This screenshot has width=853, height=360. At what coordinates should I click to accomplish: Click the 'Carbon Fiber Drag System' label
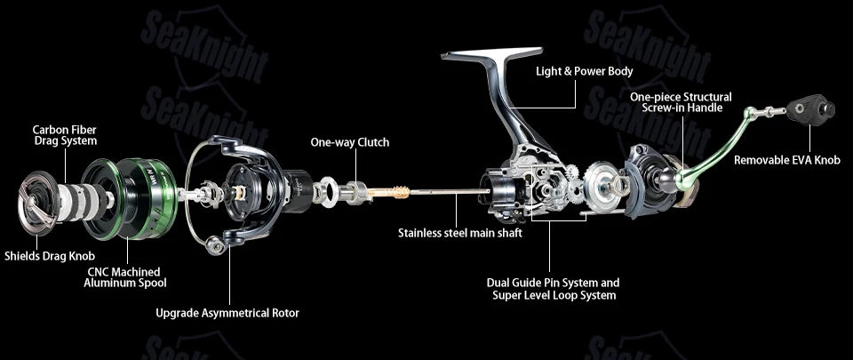tap(65, 135)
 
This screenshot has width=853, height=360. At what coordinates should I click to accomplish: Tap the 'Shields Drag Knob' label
tap(50, 256)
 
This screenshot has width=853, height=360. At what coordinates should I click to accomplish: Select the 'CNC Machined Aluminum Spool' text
tap(124, 277)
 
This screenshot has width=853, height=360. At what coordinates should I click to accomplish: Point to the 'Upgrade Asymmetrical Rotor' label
tap(227, 313)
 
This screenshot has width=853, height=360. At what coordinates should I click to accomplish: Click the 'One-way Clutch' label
tap(350, 142)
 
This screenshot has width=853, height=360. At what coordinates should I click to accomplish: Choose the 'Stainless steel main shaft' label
tap(460, 233)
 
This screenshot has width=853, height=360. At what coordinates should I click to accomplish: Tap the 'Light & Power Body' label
tap(585, 71)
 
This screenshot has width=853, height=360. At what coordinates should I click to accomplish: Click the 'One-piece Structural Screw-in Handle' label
tap(682, 102)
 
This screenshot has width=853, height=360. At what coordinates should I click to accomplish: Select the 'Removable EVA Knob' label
tap(786, 160)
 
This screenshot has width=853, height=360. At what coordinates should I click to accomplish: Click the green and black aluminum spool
tap(130, 198)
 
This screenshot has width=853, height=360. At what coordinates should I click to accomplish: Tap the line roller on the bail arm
tap(217, 246)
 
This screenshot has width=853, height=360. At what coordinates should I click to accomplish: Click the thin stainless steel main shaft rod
tap(446, 191)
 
